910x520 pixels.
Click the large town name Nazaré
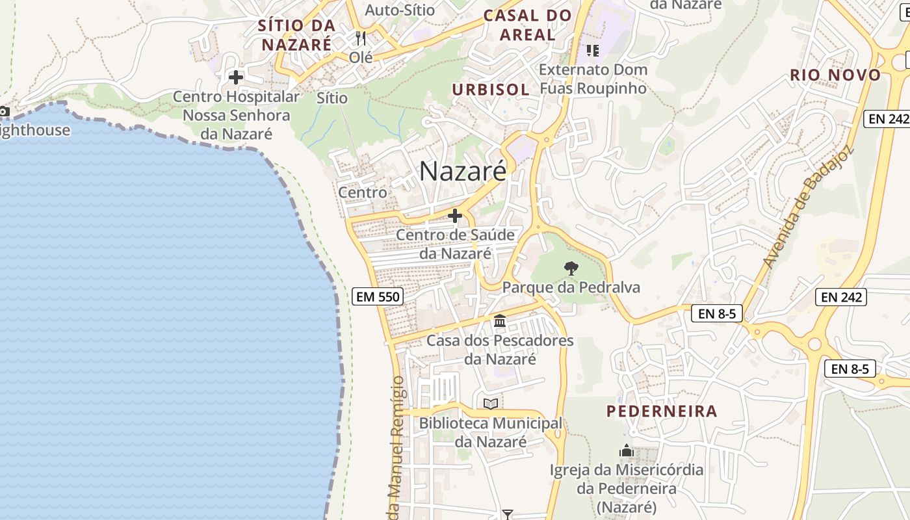(462, 171)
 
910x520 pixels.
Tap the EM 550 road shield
(378, 297)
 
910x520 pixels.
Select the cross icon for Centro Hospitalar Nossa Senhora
(236, 77)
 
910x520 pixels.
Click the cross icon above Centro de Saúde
(455, 216)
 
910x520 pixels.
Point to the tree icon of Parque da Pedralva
(571, 268)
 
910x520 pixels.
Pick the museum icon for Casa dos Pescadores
(500, 320)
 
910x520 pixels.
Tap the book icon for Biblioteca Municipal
(491, 404)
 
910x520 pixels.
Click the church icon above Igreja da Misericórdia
(627, 450)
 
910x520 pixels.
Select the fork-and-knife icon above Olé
(361, 38)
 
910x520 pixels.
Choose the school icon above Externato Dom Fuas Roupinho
(592, 49)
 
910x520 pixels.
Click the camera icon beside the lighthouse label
(4, 111)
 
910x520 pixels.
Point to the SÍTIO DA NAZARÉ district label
(296, 35)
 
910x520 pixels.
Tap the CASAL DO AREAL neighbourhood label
(528, 25)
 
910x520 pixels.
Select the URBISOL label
(491, 90)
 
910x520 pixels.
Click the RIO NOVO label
(835, 75)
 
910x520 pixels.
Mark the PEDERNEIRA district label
(662, 411)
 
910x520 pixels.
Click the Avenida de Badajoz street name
(807, 208)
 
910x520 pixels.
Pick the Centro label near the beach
(363, 192)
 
